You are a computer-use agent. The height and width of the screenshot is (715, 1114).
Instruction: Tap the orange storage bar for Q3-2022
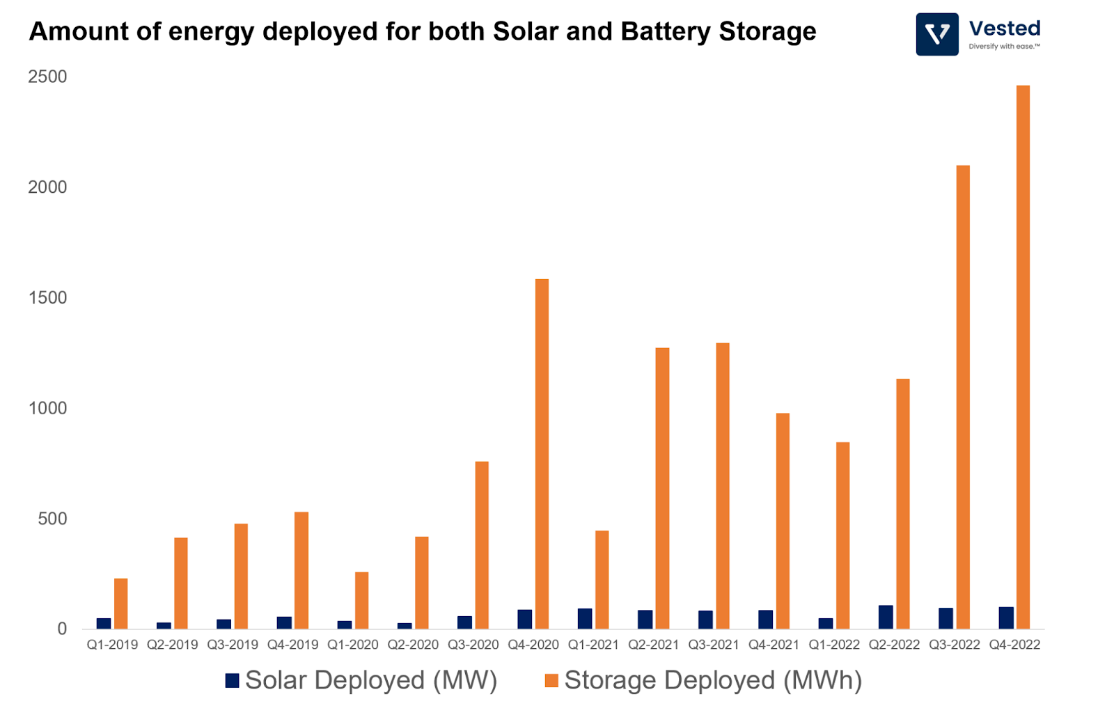(x=963, y=397)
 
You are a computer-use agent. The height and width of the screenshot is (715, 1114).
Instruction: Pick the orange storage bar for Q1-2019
(x=121, y=604)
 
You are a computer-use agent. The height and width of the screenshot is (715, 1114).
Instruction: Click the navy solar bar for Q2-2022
(x=886, y=618)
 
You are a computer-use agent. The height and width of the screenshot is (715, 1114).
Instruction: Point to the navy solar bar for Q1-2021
(x=585, y=619)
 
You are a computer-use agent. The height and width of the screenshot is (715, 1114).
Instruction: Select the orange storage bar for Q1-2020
(x=361, y=600)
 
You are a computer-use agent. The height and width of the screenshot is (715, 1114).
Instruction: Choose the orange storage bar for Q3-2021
(x=723, y=486)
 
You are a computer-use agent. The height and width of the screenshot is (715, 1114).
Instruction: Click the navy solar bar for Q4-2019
(x=284, y=622)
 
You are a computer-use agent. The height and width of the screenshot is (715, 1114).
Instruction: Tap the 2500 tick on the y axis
(x=47, y=77)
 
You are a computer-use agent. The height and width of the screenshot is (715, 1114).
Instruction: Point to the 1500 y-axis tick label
(x=47, y=297)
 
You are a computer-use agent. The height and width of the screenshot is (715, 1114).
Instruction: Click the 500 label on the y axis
(x=52, y=519)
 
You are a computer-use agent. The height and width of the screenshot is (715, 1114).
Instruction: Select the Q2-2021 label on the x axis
(x=653, y=645)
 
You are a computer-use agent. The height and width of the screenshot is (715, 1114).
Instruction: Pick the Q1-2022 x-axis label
(x=834, y=645)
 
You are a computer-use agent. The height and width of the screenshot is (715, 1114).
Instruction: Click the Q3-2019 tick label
(x=233, y=645)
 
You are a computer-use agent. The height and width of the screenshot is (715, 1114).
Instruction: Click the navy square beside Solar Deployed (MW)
(x=233, y=680)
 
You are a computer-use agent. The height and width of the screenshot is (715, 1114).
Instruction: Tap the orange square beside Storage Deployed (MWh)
(x=551, y=680)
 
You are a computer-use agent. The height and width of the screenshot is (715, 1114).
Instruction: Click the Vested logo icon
(x=937, y=34)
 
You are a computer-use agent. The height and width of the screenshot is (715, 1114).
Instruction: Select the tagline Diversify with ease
(x=1004, y=47)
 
